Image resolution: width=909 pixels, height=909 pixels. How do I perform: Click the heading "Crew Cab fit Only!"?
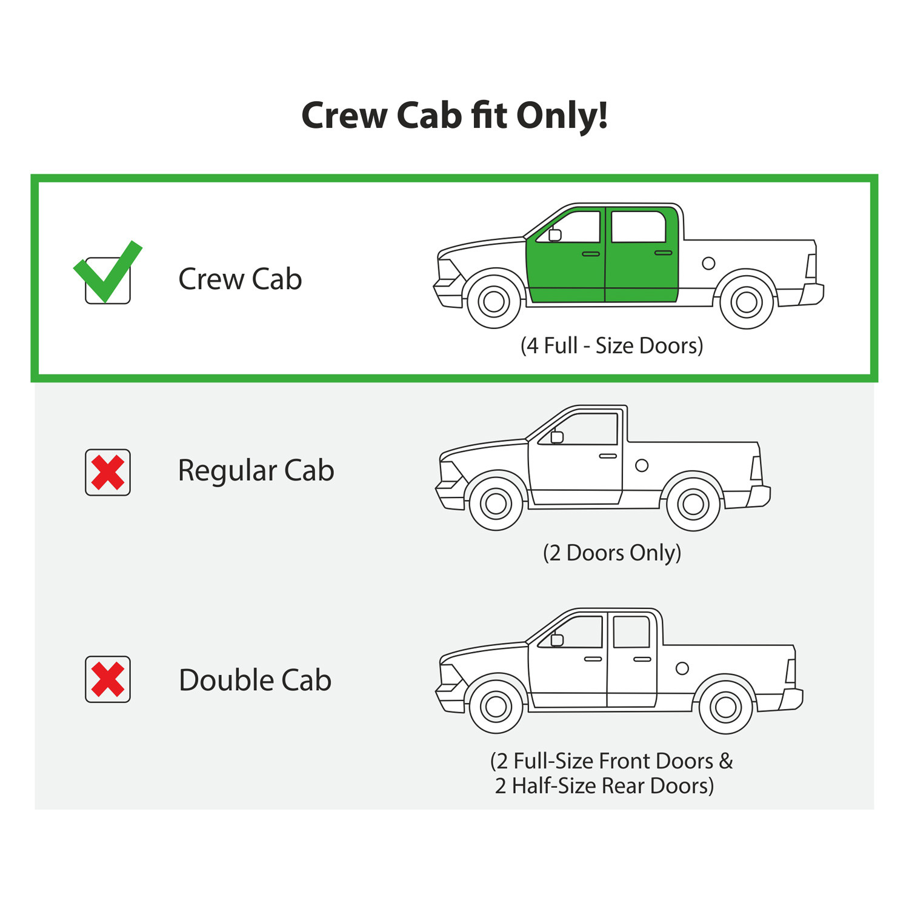454,116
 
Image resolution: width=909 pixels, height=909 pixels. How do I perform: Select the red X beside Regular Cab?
108,473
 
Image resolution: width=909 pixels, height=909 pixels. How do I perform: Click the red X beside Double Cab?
108,679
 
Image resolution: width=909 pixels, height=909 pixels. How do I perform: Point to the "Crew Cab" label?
240,279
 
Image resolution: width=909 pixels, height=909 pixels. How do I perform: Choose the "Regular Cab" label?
256,471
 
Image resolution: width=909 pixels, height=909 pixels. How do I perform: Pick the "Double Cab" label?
255,680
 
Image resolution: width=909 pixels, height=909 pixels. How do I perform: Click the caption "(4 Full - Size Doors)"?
612,345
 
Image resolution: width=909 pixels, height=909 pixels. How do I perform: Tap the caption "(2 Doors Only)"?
612,553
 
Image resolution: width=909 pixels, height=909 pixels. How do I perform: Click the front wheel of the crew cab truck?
494,301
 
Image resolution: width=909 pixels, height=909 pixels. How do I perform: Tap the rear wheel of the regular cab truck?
693,504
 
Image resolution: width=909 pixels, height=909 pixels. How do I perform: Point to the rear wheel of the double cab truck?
726,707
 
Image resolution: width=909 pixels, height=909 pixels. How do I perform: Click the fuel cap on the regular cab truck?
642,465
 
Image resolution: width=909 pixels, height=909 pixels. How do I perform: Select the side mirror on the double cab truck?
557,639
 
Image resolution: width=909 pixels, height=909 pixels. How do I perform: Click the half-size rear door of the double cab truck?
632,661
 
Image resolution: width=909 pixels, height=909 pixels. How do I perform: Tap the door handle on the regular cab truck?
608,456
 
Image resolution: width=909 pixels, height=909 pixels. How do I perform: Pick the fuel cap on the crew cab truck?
708,263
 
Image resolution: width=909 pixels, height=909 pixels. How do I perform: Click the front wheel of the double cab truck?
496,707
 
